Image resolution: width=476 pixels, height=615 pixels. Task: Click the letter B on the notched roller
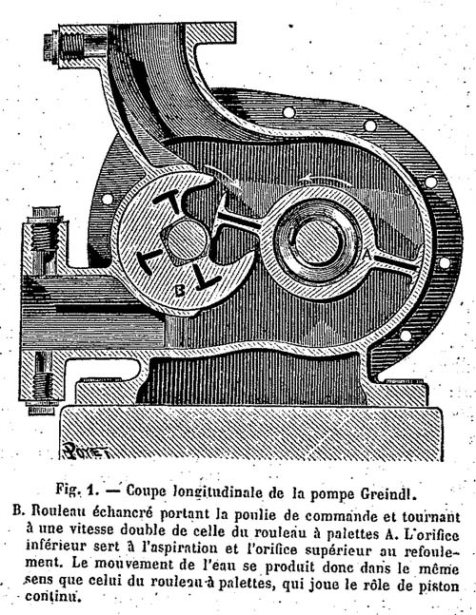[180, 290]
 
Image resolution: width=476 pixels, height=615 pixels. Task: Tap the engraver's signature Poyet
[86, 450]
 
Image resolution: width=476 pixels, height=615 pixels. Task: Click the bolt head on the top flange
[49, 48]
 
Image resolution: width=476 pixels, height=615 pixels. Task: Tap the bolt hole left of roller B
[107, 199]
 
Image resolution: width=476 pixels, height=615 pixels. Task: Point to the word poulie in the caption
[256, 514]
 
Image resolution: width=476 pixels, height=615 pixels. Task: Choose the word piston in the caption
[438, 586]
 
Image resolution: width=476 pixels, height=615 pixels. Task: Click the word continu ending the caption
[51, 597]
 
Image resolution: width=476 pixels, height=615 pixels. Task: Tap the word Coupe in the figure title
[146, 491]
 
